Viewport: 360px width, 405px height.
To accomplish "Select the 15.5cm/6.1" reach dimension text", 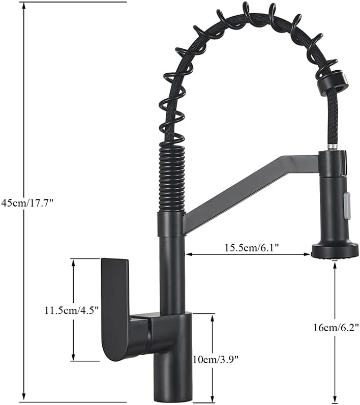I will tap(251, 248).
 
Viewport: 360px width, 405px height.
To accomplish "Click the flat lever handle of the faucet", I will tap(115, 305).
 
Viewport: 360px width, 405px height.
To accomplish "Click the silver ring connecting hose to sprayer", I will tap(332, 147).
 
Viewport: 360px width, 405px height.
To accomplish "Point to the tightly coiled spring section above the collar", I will tap(171, 178).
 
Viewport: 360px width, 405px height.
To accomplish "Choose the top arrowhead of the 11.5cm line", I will tap(73, 262).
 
